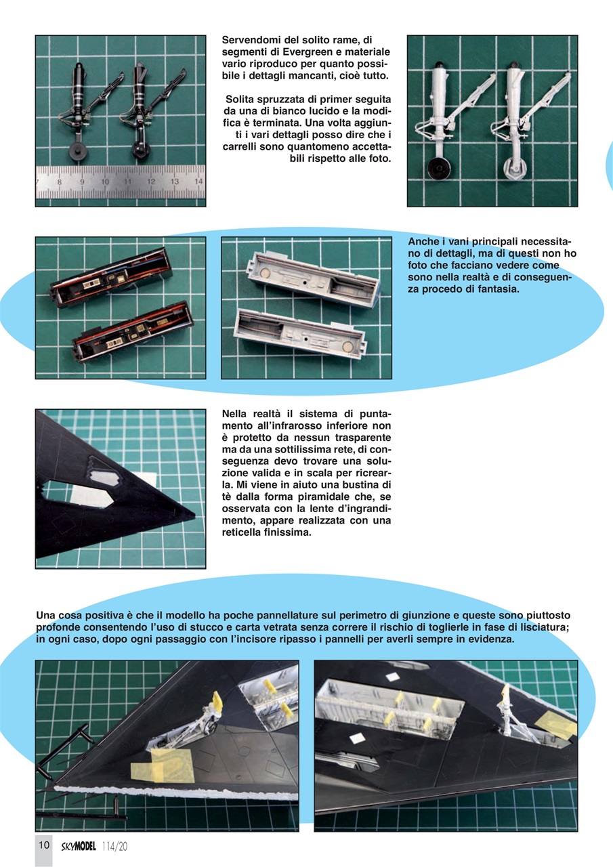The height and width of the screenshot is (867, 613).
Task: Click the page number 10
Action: coord(43,845)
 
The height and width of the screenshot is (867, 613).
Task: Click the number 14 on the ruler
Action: coord(198,182)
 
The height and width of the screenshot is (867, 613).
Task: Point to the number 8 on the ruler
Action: coord(60,182)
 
